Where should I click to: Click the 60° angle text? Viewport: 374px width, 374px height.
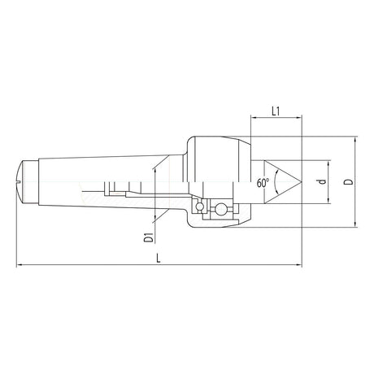click(x=262, y=184)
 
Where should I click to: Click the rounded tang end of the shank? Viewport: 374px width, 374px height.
click(x=22, y=184)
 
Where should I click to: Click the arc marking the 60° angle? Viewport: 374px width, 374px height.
click(x=277, y=184)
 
